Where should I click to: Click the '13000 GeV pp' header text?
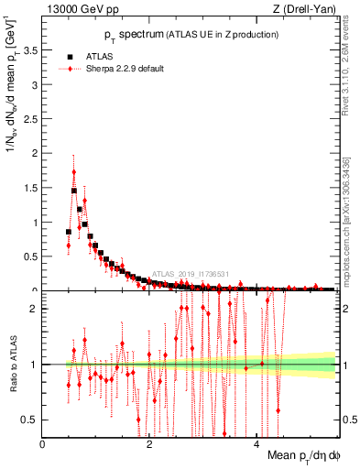82,10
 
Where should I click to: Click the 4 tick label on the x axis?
256,444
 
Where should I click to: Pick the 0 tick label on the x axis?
43,444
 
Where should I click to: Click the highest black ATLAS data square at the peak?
73,191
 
